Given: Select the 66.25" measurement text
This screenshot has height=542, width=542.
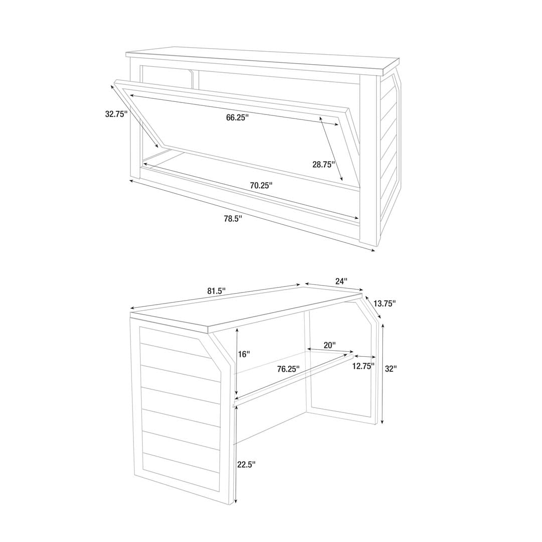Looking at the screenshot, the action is (x=237, y=117).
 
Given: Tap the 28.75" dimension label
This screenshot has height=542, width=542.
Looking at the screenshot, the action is (x=324, y=165).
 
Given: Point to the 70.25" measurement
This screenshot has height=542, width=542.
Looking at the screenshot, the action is (x=261, y=185).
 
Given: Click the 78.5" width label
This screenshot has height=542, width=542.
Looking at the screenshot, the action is (x=233, y=219).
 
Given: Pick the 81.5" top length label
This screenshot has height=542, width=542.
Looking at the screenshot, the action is (x=216, y=291).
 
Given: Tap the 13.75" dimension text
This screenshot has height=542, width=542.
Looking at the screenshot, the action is (x=384, y=304).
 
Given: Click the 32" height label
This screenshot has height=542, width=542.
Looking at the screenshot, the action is (x=390, y=369).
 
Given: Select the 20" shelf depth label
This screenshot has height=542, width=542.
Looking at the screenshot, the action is (x=329, y=345).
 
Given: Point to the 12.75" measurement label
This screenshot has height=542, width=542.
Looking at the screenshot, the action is (x=364, y=366).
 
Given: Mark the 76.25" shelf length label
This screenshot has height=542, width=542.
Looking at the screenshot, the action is (x=288, y=369).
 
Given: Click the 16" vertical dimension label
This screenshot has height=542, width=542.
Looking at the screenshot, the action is (x=244, y=354).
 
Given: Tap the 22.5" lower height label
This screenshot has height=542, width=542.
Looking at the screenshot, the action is (x=246, y=464).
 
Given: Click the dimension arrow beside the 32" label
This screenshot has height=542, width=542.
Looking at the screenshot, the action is (x=382, y=373).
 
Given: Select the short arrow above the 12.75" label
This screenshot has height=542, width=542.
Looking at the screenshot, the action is (x=365, y=357).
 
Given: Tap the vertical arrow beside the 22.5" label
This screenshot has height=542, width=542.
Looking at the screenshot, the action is (x=236, y=455).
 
